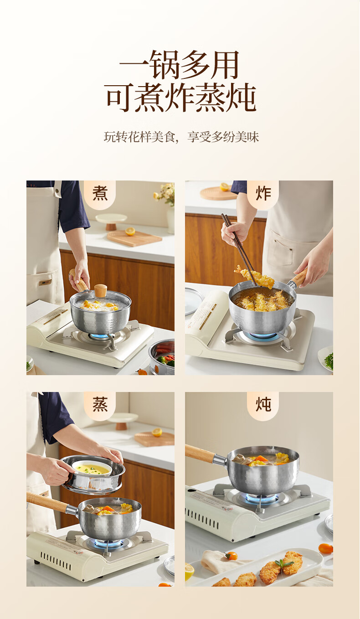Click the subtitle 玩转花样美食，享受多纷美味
coord(181,137)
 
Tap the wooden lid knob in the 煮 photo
coord(101,290)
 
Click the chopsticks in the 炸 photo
coord(239,243)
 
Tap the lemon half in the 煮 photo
coord(130,231)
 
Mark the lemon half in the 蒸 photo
coord(157,432)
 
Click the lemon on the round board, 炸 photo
coord(224,187)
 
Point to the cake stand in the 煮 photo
coord(111,222)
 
